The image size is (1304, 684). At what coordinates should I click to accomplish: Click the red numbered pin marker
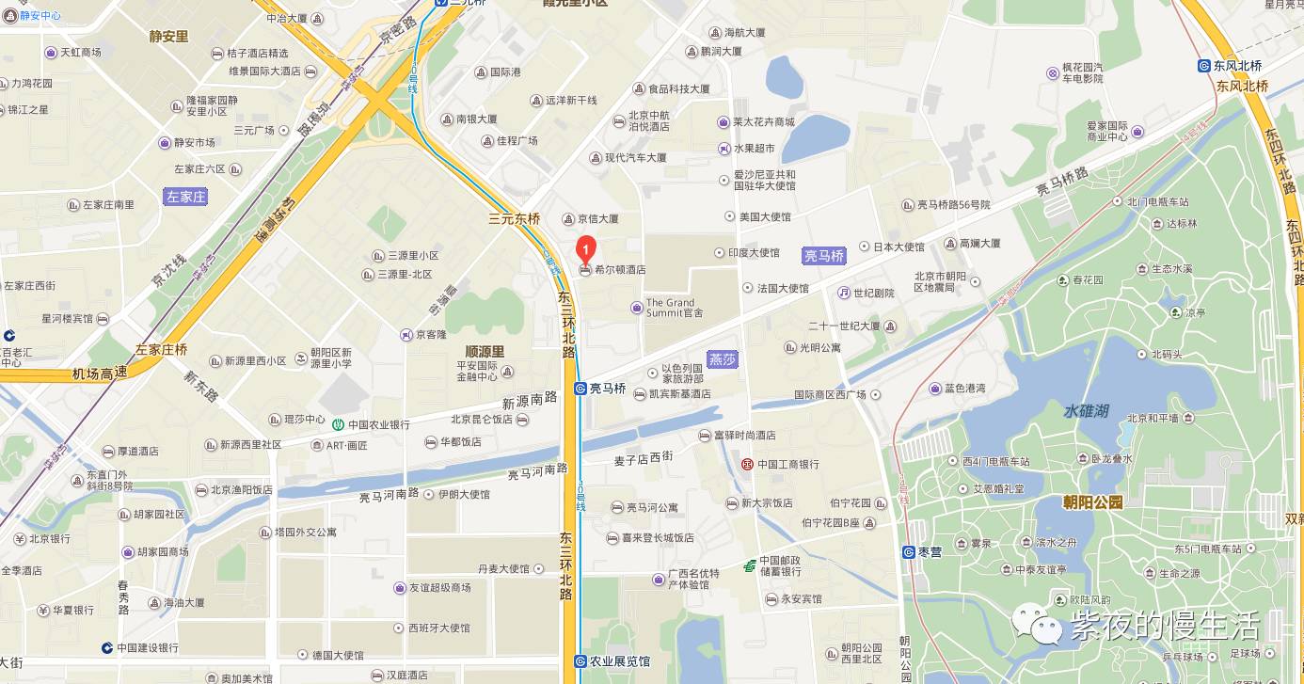(585, 249)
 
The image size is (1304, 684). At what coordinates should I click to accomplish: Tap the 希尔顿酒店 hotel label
(620, 270)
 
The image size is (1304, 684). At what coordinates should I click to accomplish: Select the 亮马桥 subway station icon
(580, 388)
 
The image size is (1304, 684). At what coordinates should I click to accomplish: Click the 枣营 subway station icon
(909, 552)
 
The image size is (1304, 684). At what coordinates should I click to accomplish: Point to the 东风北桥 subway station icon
(1204, 66)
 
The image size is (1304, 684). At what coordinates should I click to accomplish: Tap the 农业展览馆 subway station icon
(580, 661)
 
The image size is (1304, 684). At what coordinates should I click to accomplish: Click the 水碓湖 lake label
(1087, 411)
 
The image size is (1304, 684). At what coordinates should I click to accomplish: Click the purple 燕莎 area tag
(723, 359)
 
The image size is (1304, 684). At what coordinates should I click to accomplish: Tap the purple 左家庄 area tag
(185, 197)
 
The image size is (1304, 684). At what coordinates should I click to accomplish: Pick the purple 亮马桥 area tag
(824, 255)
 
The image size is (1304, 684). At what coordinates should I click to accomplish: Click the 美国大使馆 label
(765, 217)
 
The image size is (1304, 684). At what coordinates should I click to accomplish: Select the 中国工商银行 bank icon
(747, 464)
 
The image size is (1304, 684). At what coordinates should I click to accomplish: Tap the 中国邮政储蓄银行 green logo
(749, 565)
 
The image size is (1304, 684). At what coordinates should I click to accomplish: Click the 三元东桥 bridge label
(515, 218)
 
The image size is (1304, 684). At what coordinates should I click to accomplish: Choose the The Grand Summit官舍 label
(674, 308)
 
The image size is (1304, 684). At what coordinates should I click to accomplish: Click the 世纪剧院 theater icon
(845, 294)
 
